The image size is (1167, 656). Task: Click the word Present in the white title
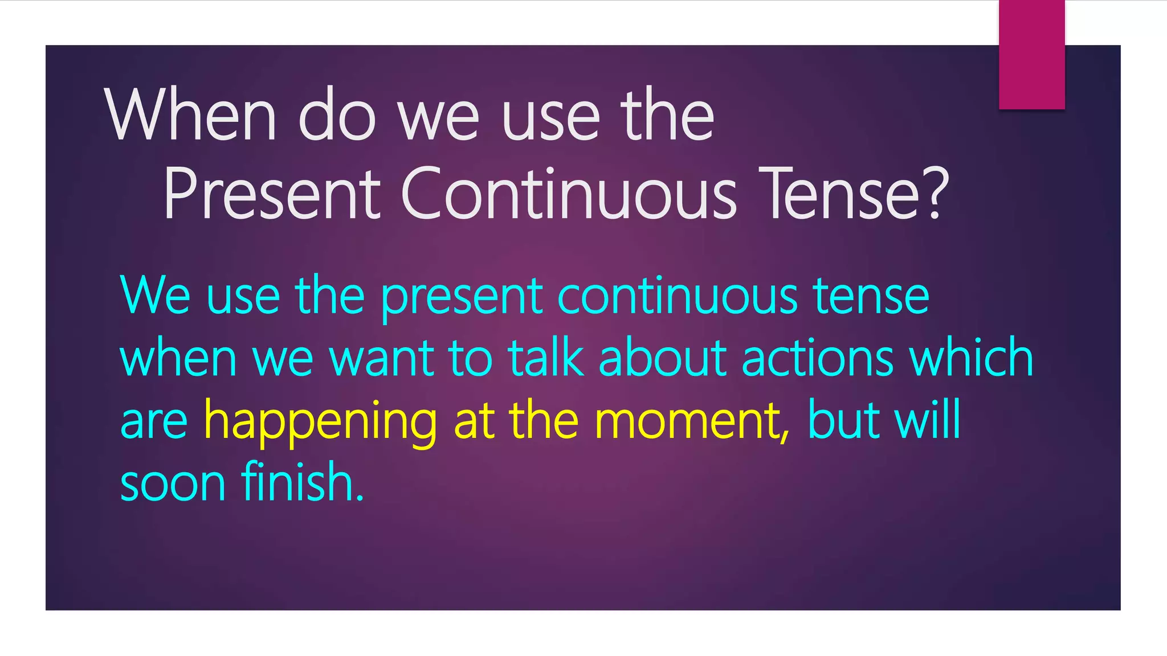tap(272, 194)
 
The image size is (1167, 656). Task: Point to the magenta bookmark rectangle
tap(1031, 55)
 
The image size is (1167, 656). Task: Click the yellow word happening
tap(320, 421)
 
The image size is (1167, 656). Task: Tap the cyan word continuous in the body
tap(678, 296)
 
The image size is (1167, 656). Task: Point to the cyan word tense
tap(871, 296)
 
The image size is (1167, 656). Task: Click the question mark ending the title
tap(935, 194)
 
